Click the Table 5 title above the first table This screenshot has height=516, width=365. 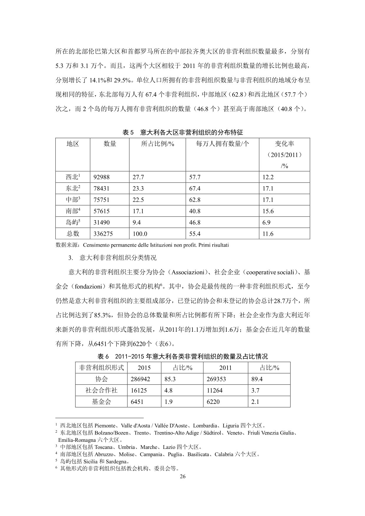pyautogui.click(x=182, y=132)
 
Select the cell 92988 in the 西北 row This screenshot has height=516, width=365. pyautogui.click(x=102, y=177)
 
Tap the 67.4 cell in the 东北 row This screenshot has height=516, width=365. pyautogui.click(x=195, y=188)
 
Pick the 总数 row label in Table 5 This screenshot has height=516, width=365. pyautogui.click(x=73, y=234)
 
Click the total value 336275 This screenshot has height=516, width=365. pyautogui.click(x=103, y=234)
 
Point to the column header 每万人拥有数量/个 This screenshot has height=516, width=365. pyautogui.click(x=222, y=144)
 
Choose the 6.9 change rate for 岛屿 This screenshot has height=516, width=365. pyautogui.click(x=266, y=223)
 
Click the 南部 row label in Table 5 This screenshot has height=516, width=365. pyautogui.click(x=73, y=211)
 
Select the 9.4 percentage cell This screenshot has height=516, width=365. pyautogui.click(x=137, y=223)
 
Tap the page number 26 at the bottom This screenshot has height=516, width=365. pyautogui.click(x=182, y=477)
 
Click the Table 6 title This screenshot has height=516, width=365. pyautogui.click(x=182, y=356)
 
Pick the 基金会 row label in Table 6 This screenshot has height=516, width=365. pyautogui.click(x=101, y=402)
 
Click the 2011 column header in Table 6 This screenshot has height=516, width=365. pyautogui.click(x=225, y=368)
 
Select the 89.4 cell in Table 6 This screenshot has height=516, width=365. pyautogui.click(x=257, y=379)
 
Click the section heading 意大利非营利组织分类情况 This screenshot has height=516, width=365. pyautogui.click(x=118, y=258)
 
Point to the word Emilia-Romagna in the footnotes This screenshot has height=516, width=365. pyautogui.click(x=77, y=440)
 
